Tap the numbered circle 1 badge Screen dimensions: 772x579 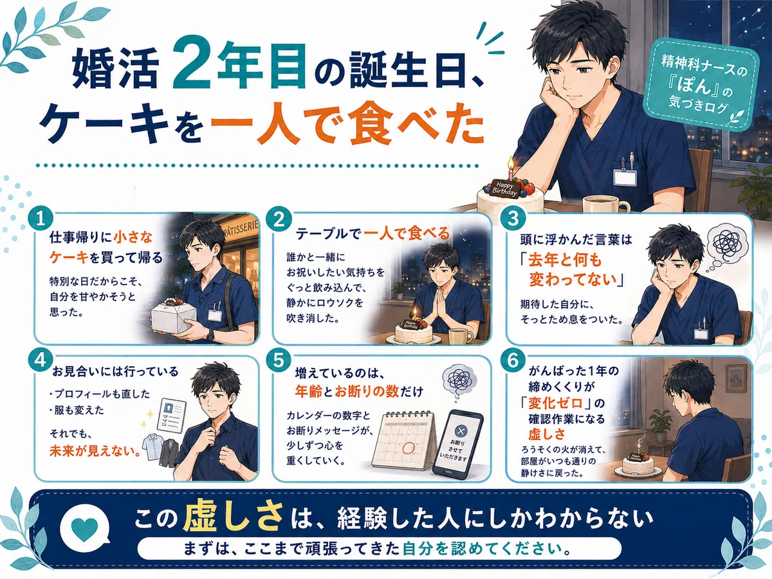[x=41, y=219]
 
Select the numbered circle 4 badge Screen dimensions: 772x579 [x=41, y=360]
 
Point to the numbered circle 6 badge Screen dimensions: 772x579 [x=513, y=360]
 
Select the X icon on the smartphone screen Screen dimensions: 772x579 [x=461, y=430]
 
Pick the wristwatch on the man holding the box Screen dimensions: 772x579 [x=210, y=335]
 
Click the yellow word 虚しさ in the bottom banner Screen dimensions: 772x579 [x=233, y=517]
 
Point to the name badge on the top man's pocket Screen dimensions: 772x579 [x=625, y=176]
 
